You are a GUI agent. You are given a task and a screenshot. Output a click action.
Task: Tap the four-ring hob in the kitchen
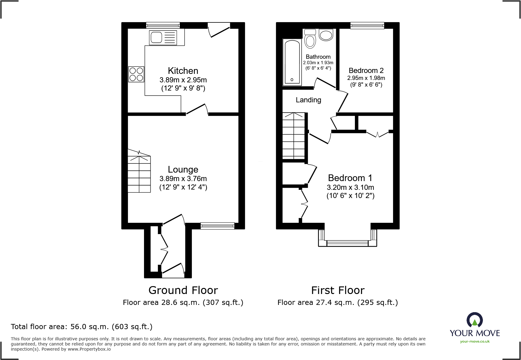136,74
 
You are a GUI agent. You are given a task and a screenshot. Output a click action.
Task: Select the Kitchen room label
183,71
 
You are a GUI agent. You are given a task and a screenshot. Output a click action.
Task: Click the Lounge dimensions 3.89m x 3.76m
183,179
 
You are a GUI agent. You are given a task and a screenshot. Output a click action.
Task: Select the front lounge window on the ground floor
217,226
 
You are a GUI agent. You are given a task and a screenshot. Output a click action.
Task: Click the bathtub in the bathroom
292,62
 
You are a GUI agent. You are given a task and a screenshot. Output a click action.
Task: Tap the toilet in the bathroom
310,39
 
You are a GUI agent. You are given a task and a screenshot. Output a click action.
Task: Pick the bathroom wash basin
326,35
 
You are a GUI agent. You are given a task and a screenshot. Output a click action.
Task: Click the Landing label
308,100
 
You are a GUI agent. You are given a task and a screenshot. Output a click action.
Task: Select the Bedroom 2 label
366,71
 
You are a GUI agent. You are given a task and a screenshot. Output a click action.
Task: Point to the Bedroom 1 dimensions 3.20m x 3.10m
350,187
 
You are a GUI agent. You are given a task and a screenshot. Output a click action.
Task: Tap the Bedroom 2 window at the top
367,25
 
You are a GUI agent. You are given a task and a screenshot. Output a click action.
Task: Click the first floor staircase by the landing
293,136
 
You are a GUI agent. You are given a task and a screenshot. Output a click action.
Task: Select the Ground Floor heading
183,290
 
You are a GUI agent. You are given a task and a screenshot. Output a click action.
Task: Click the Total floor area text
82,327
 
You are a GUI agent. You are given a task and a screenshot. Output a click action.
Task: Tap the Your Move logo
474,328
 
